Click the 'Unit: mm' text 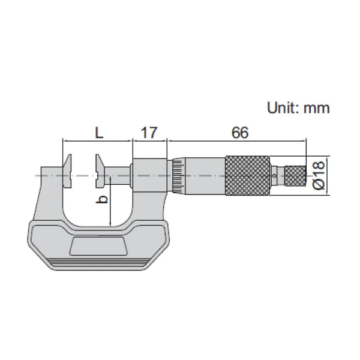tap(298, 107)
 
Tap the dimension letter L tap(99, 133)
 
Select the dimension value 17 tap(149, 133)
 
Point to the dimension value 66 tap(240, 133)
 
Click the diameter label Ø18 tap(319, 176)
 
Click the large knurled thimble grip tap(247, 176)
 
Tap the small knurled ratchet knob tap(295, 176)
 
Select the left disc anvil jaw tap(67, 171)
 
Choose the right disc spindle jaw tap(100, 171)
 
